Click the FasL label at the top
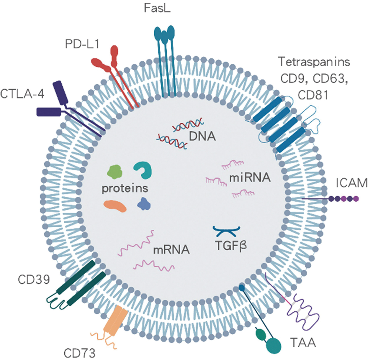pyautogui.click(x=157, y=8)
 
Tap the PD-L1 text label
pyautogui.click(x=82, y=44)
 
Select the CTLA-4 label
pyautogui.click(x=22, y=94)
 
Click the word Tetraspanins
pyautogui.click(x=314, y=62)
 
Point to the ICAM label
pyautogui.click(x=351, y=183)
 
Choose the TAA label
pyautogui.click(x=303, y=343)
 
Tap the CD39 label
pyautogui.click(x=34, y=280)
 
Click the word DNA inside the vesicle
pyautogui.click(x=202, y=136)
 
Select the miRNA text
pyautogui.click(x=250, y=178)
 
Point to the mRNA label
pyautogui.click(x=171, y=250)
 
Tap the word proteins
pyautogui.click(x=125, y=188)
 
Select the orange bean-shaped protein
pyautogui.click(x=115, y=206)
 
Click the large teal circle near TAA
pyautogui.click(x=274, y=345)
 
